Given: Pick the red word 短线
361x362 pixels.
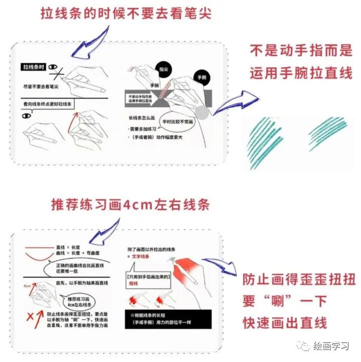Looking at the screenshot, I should [x=132, y=281].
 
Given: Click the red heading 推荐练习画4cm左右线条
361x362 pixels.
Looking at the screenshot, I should [x=130, y=205].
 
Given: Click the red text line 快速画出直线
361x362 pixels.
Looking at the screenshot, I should [x=285, y=322].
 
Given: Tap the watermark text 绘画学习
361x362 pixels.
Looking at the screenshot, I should [x=330, y=345].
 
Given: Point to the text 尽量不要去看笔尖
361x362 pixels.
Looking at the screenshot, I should [x=41, y=87].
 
